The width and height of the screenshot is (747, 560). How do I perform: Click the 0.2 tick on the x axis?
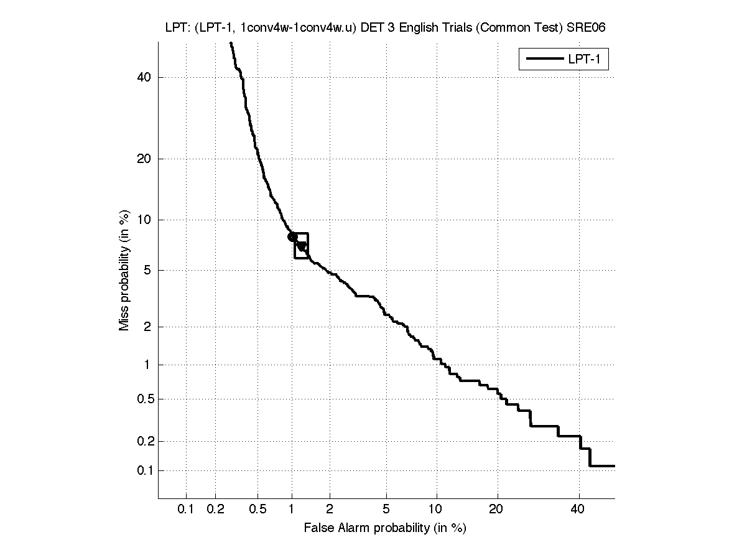click(x=215, y=510)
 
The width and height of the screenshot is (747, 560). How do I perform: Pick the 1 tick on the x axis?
click(x=292, y=510)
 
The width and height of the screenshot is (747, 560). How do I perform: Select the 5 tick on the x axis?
click(x=386, y=510)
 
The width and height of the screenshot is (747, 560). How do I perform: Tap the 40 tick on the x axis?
click(x=578, y=510)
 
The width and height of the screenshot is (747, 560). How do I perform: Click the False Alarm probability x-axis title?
click(x=385, y=528)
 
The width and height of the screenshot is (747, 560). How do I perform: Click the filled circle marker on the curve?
click(x=292, y=236)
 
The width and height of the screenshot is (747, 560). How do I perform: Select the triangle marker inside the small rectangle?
click(x=302, y=246)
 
